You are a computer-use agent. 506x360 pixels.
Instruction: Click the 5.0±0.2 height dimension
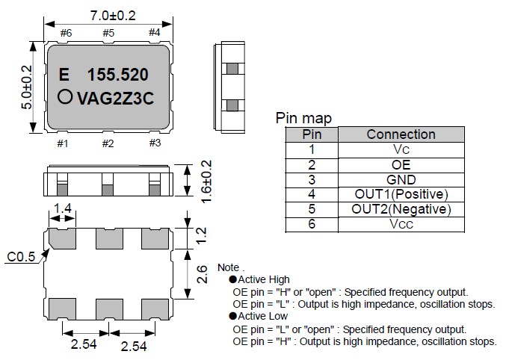(27, 88)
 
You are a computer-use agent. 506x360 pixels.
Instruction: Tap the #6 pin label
(65, 32)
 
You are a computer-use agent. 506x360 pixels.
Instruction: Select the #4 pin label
(154, 32)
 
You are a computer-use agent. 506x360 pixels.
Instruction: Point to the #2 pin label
(108, 143)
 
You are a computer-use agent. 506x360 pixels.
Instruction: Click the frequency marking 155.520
(117, 75)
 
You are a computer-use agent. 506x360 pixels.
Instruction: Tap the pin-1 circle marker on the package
(65, 96)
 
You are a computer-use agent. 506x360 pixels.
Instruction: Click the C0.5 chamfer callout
(20, 258)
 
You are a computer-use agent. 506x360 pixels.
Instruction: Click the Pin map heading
(303, 118)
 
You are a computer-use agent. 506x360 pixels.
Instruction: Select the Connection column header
(401, 134)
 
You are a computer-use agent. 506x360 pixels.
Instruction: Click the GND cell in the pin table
(401, 179)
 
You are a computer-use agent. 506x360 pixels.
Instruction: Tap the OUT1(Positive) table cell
(401, 194)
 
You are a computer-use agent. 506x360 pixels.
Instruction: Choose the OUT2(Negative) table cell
(401, 209)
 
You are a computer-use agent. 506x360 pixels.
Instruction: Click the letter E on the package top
(64, 75)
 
